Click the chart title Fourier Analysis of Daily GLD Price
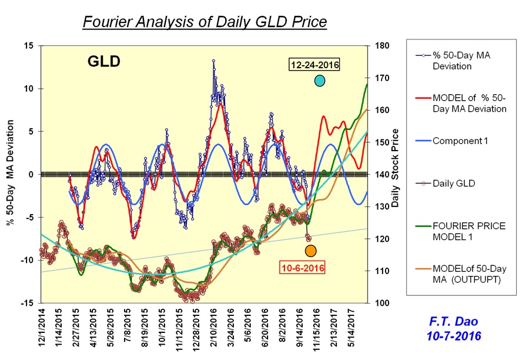(x=205, y=22)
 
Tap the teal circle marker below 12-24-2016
(x=320, y=81)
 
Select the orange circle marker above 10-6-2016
(x=311, y=251)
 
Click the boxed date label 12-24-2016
(x=314, y=65)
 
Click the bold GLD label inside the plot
(x=105, y=61)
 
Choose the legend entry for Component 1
(x=460, y=141)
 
